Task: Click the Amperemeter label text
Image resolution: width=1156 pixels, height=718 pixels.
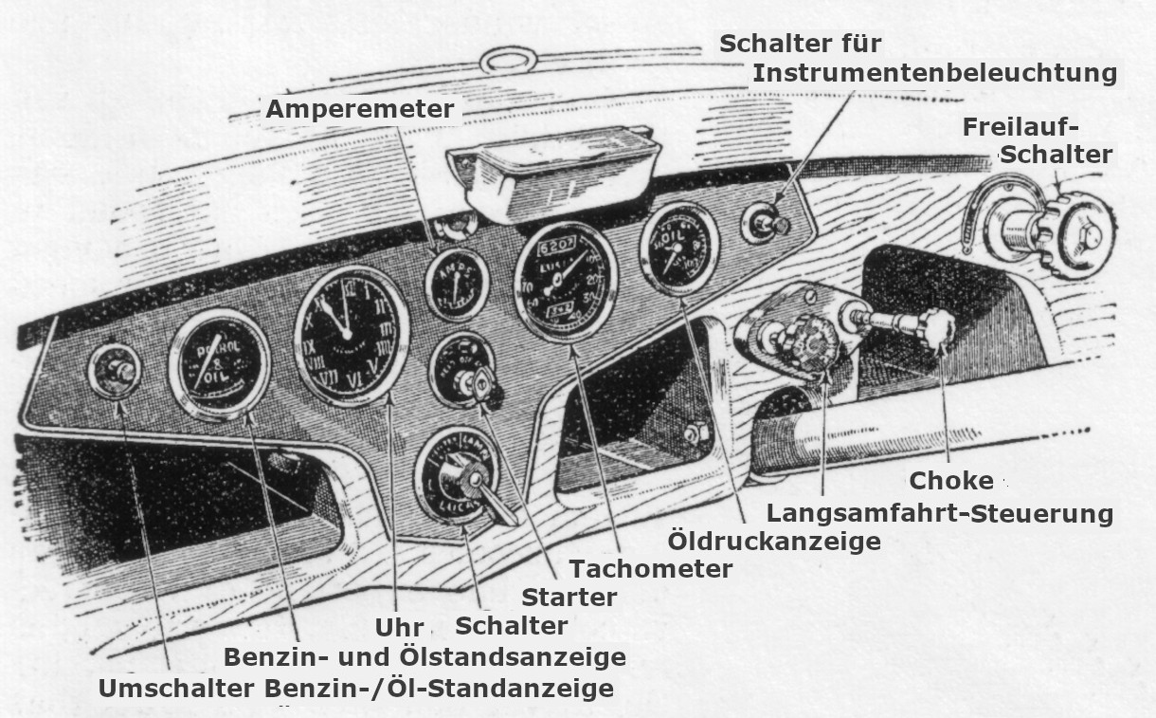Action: (x=359, y=109)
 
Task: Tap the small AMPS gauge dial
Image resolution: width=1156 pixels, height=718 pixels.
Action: (x=457, y=283)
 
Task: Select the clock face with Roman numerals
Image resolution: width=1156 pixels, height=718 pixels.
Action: (x=351, y=335)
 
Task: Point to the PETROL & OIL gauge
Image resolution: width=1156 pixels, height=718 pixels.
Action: (x=219, y=364)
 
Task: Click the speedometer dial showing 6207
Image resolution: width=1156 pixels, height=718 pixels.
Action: (x=565, y=282)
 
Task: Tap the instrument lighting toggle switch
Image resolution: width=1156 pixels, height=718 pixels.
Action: (x=765, y=225)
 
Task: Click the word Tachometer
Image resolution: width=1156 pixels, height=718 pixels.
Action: (x=651, y=568)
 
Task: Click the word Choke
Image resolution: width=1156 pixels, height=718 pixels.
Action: (x=951, y=480)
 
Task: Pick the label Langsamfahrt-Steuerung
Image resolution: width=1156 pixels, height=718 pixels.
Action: (x=939, y=513)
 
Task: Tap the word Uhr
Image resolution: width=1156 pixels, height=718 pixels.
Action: (x=398, y=628)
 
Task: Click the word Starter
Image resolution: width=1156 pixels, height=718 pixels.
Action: (x=569, y=598)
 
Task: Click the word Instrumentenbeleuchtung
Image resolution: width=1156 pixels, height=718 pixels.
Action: (x=935, y=72)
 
